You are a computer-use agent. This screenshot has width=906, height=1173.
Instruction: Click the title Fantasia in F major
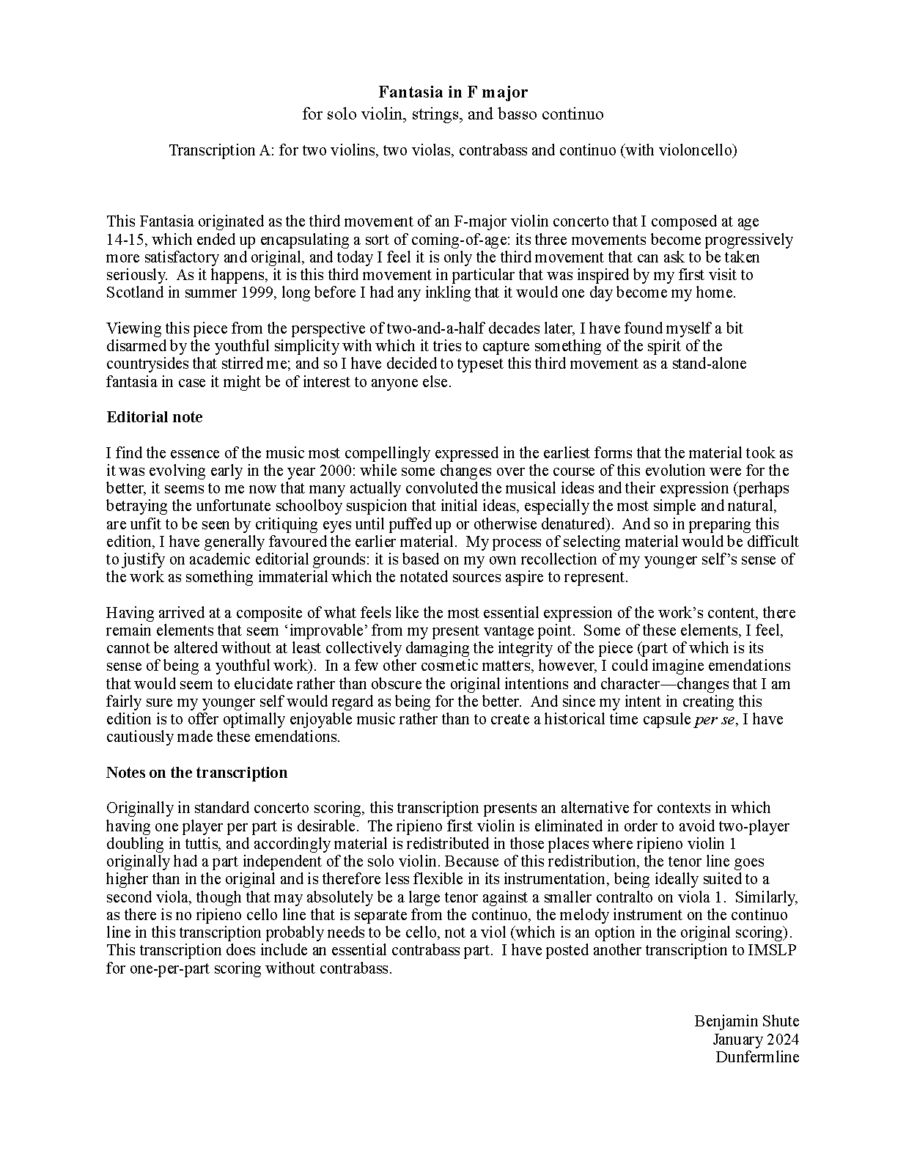pyautogui.click(x=452, y=92)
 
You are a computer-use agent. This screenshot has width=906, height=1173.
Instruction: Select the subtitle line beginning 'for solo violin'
pyautogui.click(x=452, y=114)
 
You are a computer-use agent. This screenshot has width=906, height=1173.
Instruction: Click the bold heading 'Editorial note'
pyautogui.click(x=155, y=417)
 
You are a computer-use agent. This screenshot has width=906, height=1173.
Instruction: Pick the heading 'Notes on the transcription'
pyautogui.click(x=196, y=773)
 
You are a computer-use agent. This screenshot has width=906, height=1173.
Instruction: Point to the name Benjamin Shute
pyautogui.click(x=746, y=1021)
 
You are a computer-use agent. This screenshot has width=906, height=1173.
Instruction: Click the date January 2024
pyautogui.click(x=755, y=1039)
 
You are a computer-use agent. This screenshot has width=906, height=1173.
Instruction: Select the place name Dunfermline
pyautogui.click(x=757, y=1057)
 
